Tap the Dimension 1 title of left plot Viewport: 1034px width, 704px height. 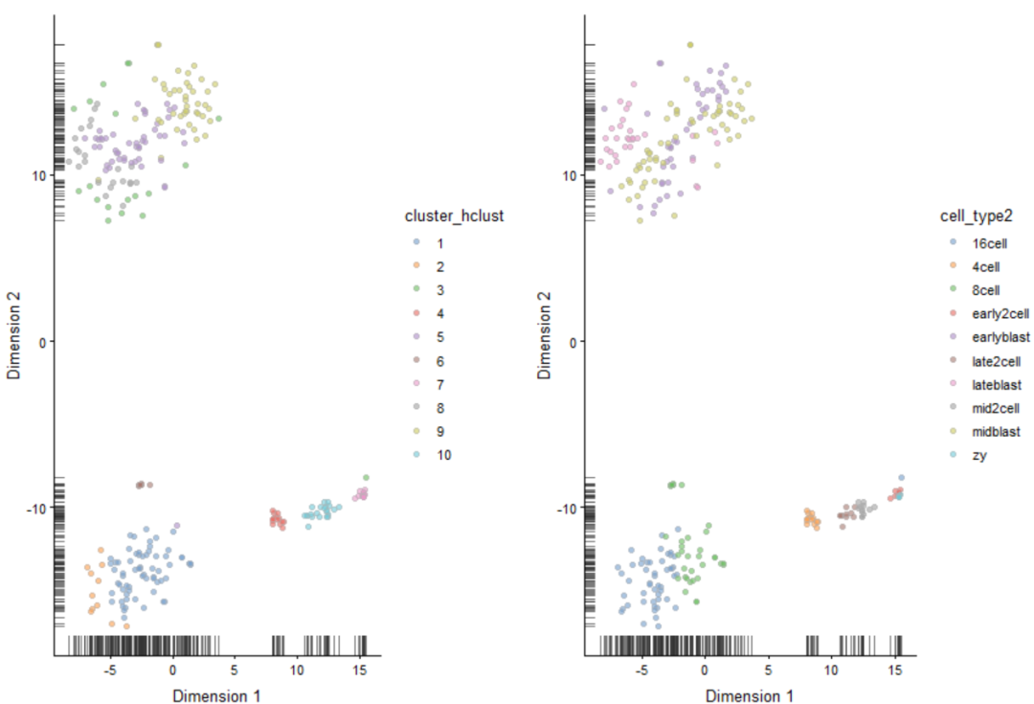[215, 695]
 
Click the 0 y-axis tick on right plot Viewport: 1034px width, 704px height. [572, 342]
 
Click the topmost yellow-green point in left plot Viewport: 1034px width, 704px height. [158, 45]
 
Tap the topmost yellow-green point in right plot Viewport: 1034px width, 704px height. [690, 45]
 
